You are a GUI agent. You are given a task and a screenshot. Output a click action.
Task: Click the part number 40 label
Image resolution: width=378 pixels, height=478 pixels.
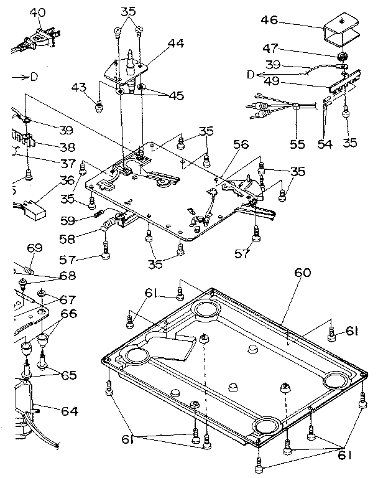(37, 12)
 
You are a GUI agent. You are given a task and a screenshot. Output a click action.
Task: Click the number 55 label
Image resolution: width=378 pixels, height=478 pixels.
(298, 144)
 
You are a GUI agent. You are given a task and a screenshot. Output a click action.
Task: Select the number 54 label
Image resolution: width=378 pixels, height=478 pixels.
(326, 144)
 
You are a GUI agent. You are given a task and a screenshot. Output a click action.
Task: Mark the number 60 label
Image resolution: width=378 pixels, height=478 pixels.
(303, 273)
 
